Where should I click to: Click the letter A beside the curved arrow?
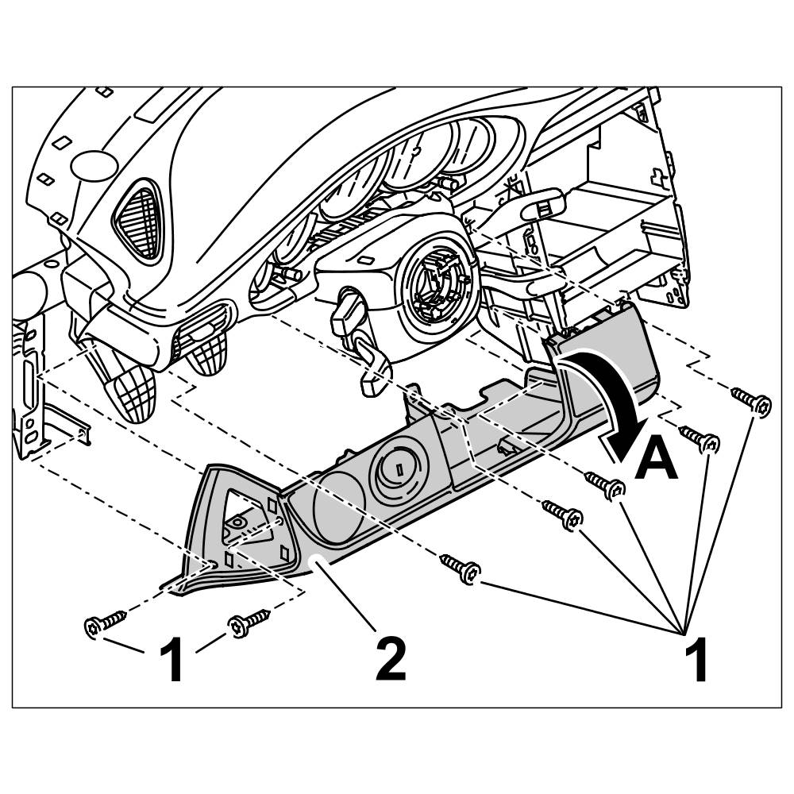click(x=656, y=460)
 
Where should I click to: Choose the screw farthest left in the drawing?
click(x=104, y=623)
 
